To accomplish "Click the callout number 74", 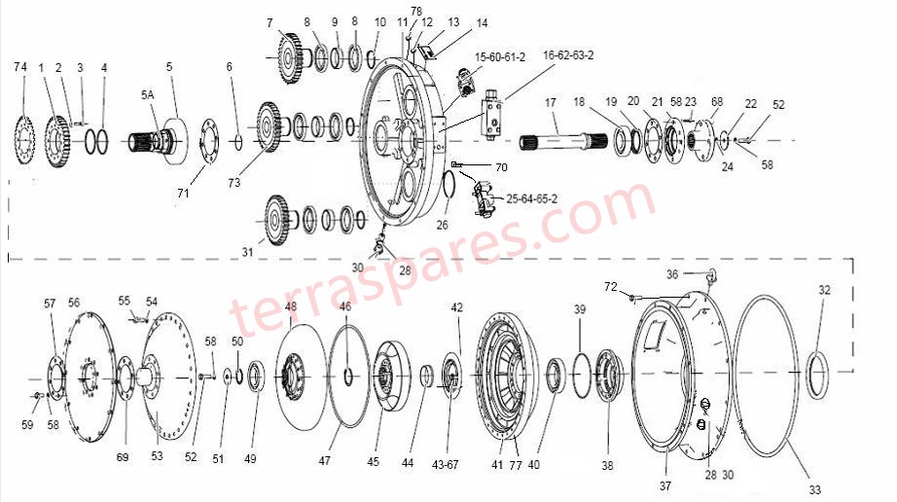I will coord(20,66).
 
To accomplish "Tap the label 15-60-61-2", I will coord(500,57).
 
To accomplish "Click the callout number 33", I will coord(814,488).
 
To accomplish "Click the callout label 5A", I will coord(148,95).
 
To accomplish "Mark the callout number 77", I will coord(516,465).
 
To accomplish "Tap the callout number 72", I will coord(610,288).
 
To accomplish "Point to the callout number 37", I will coord(665,485).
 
